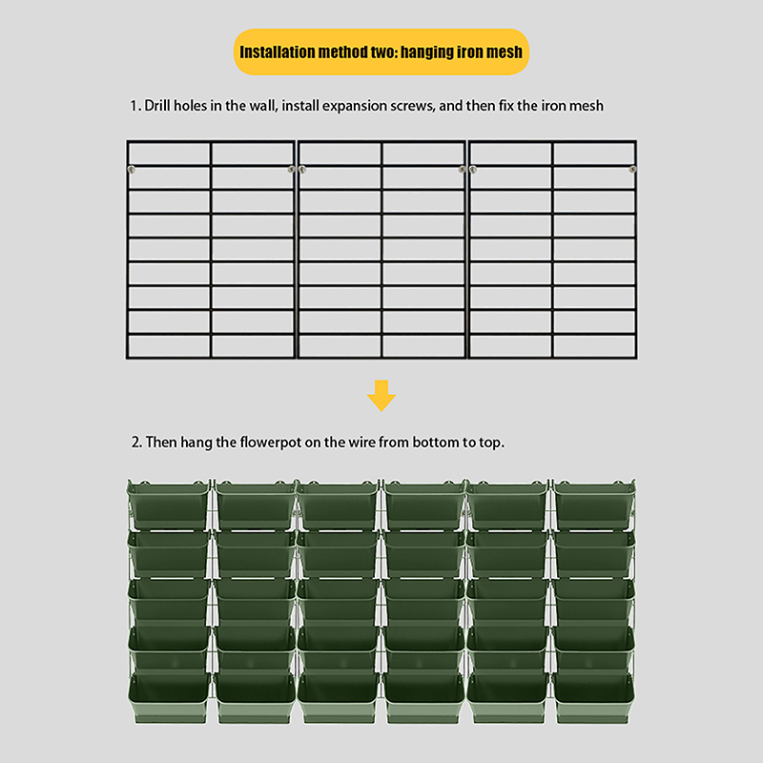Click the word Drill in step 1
coord(156,106)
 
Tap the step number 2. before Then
coord(136,443)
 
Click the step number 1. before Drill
coord(135,106)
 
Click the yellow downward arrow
coord(381,396)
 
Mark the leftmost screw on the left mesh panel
coord(132,169)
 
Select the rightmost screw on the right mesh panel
coord(632,169)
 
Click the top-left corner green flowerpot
coord(168,505)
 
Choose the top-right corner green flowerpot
coord(594,505)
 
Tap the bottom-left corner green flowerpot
coord(169,698)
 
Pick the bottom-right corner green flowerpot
coord(594,698)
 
